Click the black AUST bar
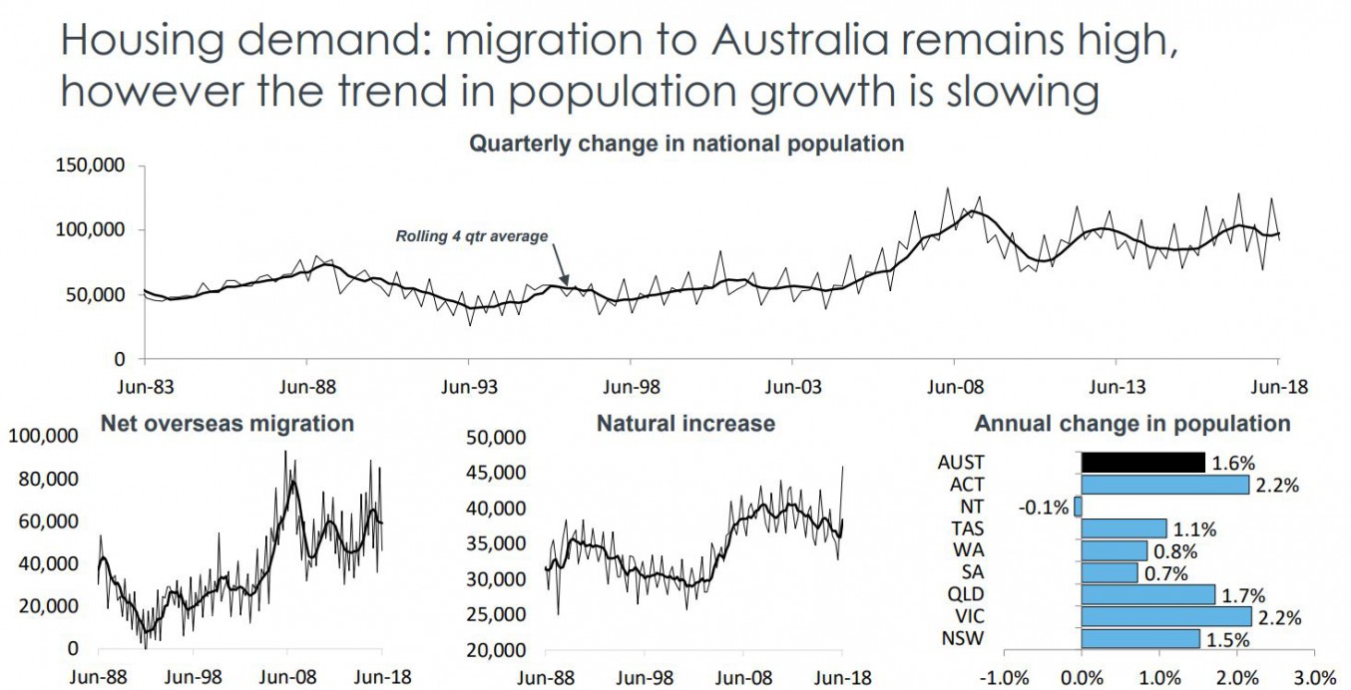pyautogui.click(x=1143, y=463)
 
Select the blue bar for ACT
pyautogui.click(x=1165, y=485)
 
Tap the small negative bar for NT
pyautogui.click(x=1078, y=507)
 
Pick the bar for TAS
pyautogui.click(x=1125, y=528)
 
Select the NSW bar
pyautogui.click(x=1140, y=638)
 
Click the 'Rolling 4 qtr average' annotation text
pyautogui.click(x=472, y=236)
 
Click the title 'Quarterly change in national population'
pyautogui.click(x=686, y=144)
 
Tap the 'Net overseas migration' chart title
pyautogui.click(x=227, y=424)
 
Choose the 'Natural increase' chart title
pyautogui.click(x=685, y=424)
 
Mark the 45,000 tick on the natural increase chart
pyautogui.click(x=496, y=473)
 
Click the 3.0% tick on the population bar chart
pyautogui.click(x=1315, y=678)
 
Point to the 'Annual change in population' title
pyautogui.click(x=1132, y=424)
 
